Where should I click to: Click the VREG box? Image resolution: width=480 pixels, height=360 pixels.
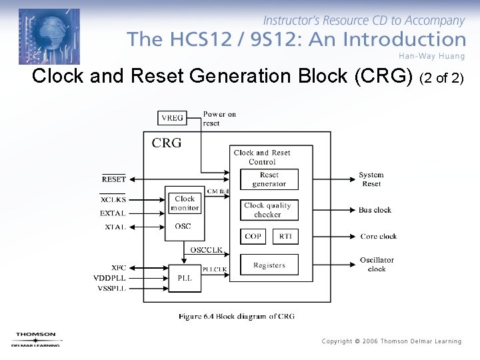point(172,118)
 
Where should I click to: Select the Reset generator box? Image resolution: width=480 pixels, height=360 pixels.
point(269,179)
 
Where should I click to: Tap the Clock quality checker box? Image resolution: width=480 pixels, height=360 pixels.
point(269,210)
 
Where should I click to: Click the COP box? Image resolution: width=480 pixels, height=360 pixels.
point(253,237)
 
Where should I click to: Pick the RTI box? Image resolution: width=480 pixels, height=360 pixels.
point(285,237)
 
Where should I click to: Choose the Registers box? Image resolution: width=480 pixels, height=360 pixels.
point(269,265)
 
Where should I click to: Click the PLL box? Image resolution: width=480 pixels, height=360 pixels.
point(185,277)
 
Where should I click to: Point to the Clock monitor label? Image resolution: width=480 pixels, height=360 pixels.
point(185,203)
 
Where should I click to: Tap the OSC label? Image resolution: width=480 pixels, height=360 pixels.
point(183,227)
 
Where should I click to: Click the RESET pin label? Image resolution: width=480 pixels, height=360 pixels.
point(113,179)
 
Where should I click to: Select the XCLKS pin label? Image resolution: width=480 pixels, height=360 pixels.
point(113,199)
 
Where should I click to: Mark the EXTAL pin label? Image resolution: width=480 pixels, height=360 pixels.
point(113,213)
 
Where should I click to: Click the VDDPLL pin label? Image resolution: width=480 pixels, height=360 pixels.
point(109,277)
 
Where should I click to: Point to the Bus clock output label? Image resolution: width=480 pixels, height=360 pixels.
point(375,210)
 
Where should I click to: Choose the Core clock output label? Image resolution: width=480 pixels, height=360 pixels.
point(378,237)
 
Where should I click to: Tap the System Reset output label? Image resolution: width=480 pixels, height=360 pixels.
point(371,179)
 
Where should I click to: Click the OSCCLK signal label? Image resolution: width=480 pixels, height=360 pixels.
point(206,251)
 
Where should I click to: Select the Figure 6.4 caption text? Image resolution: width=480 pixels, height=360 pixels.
point(236,317)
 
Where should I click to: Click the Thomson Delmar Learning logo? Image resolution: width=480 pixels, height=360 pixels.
point(37,339)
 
